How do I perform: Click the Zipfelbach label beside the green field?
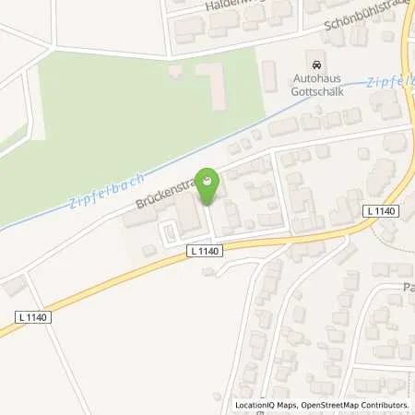pyautogui.click(x=99, y=189)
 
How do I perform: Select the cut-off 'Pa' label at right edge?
pyautogui.click(x=408, y=288)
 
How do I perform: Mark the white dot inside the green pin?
pyautogui.click(x=209, y=181)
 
